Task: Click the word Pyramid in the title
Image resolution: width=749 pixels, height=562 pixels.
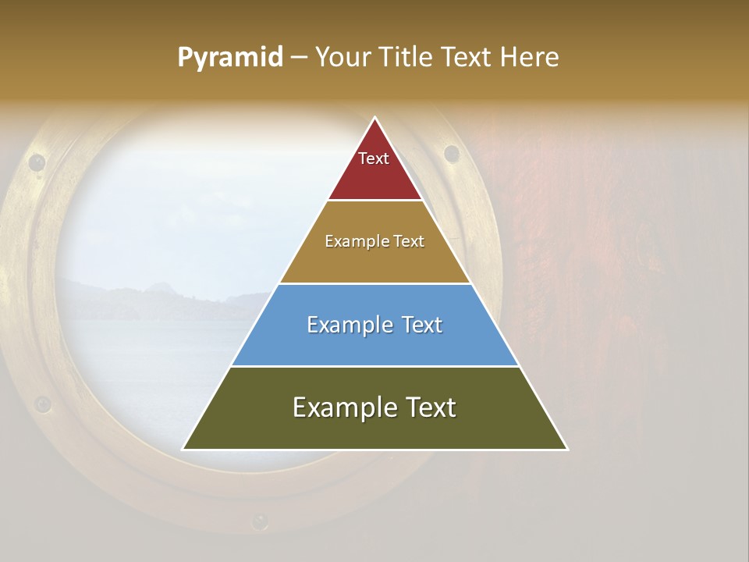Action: click(x=230, y=58)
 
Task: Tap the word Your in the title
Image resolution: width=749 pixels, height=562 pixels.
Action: click(x=344, y=58)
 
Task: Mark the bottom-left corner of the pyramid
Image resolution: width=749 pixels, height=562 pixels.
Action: click(x=183, y=450)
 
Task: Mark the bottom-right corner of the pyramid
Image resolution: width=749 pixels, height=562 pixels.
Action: click(x=567, y=450)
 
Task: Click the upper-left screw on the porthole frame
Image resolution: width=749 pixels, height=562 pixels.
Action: click(x=37, y=162)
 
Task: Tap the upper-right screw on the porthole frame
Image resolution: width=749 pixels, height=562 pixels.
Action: click(x=451, y=153)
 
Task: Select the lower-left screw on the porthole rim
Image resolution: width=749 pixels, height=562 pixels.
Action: click(x=43, y=404)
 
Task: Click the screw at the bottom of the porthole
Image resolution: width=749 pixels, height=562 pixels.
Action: click(x=259, y=520)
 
